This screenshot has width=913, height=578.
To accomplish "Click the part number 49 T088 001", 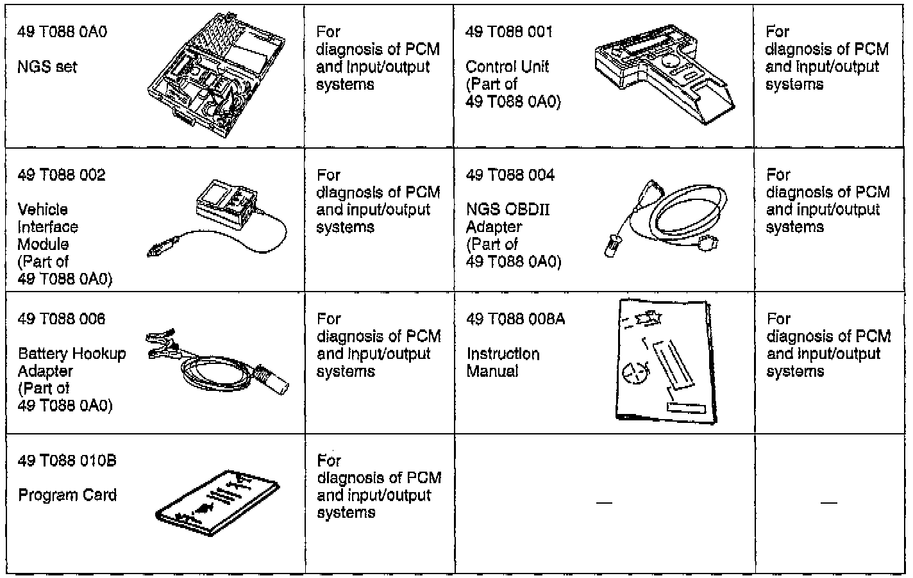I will coord(508,32).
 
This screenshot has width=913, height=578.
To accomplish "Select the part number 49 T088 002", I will coord(62,175).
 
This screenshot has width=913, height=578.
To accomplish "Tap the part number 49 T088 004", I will coord(510,175).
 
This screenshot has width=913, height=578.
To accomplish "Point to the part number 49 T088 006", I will coord(62,319).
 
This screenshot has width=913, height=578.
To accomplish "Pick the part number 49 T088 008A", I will coord(515,319).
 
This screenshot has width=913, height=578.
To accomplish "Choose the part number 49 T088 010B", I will coord(67,461).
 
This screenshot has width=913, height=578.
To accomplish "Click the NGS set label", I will coord(47,67).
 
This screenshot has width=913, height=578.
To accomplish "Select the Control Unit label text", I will coord(507,67).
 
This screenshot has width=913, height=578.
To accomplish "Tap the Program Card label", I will coord(67,495).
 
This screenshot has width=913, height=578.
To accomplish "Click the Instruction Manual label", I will coord(503,363).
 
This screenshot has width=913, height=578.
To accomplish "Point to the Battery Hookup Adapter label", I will coord(72,362).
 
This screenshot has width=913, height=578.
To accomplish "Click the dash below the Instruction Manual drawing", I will coord(604,502).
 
